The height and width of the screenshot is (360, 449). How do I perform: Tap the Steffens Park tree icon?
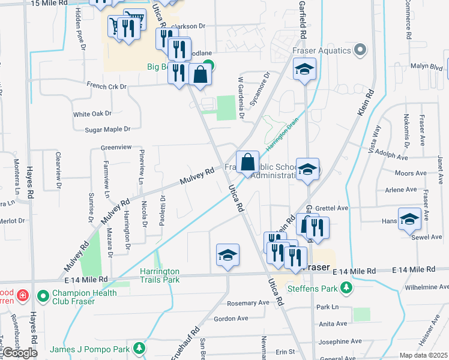pos(346,289)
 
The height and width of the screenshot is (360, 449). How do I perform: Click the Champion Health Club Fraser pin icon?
pos(43,296)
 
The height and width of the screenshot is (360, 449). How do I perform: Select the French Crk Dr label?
pos(107,86)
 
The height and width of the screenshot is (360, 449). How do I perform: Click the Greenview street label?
pos(116,146)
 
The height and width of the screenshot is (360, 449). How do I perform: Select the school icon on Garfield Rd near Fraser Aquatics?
pos(304,70)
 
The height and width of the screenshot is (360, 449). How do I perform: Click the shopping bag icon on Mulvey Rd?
pos(247,162)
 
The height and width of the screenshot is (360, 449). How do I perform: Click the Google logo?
pos(19,353)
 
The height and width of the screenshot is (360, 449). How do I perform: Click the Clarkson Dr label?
pos(188,26)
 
